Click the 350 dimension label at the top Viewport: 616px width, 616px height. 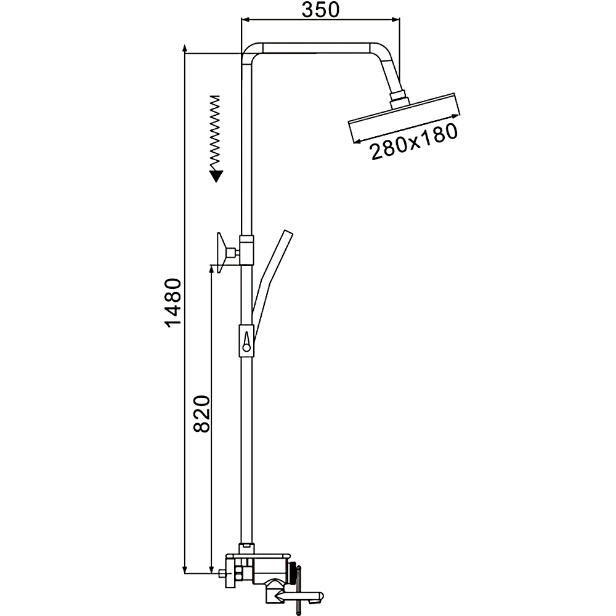[x=320, y=10]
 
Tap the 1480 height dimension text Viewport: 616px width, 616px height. [x=173, y=302]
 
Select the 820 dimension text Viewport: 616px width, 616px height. [x=202, y=414]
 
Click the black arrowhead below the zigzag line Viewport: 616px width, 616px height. [x=216, y=176]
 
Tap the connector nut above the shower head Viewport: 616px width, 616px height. [x=400, y=100]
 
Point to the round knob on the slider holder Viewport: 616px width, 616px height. [x=247, y=347]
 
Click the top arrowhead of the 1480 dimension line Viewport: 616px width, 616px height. [x=185, y=49]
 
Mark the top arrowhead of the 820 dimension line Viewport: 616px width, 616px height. [x=212, y=269]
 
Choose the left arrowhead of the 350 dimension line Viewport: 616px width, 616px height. [x=245, y=18]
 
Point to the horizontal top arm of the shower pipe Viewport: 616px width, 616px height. [x=316, y=48]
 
